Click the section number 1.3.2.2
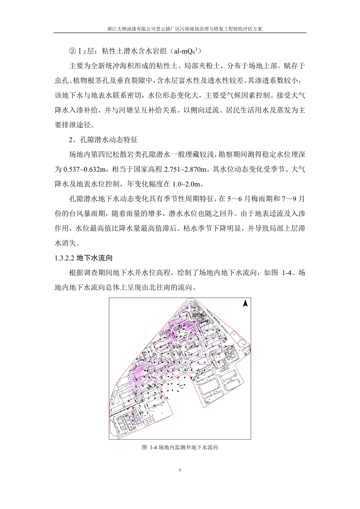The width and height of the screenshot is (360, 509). (64, 258)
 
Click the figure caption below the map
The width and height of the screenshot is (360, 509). (180, 447)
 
